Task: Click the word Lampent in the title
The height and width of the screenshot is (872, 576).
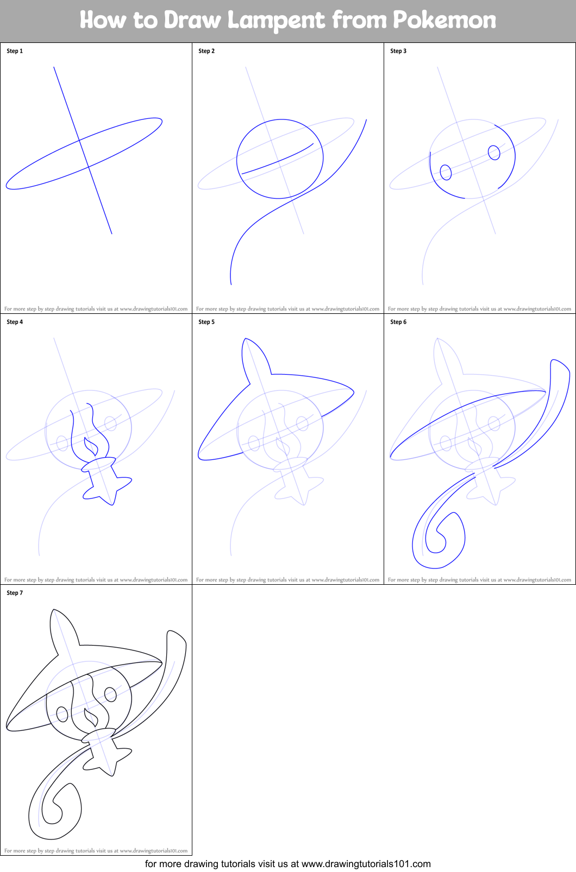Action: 276,21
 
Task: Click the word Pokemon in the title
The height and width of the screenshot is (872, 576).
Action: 444,21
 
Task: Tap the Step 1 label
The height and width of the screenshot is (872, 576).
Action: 15,51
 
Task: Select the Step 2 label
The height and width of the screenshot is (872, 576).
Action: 206,51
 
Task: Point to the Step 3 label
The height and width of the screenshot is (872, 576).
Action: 398,51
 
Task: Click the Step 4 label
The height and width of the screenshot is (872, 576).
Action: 15,322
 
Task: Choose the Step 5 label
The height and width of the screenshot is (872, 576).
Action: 206,322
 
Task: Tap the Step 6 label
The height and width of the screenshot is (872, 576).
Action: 398,322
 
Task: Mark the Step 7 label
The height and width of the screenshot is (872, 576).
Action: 15,593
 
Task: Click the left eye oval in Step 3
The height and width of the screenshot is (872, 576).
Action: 446,173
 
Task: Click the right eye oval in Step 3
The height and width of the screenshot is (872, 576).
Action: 494,153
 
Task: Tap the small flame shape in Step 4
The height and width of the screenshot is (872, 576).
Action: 91,447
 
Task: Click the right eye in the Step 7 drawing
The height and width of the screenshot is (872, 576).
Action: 110,694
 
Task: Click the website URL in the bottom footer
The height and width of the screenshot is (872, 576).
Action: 366,864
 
